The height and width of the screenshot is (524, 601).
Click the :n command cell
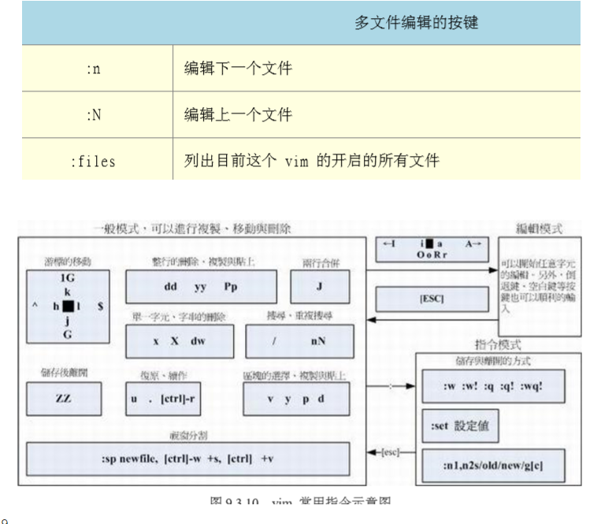pyautogui.click(x=93, y=69)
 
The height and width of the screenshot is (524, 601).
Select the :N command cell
pyautogui.click(x=93, y=115)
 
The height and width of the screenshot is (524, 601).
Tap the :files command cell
pyautogui.click(x=93, y=162)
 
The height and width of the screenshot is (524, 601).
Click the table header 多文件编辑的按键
pyautogui.click(x=416, y=23)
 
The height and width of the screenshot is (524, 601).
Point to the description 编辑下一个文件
pyautogui.click(x=238, y=69)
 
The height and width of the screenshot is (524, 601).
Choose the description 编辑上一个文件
pyautogui.click(x=238, y=115)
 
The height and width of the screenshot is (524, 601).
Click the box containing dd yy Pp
pyautogui.click(x=201, y=287)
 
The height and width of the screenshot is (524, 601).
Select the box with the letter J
pyautogui.click(x=320, y=287)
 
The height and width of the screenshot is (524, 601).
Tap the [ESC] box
pyautogui.click(x=432, y=299)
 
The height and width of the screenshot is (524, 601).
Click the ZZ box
pyautogui.click(x=63, y=399)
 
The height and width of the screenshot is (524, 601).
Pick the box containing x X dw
pyautogui.click(x=179, y=342)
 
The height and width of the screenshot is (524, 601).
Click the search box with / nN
pyautogui.click(x=299, y=342)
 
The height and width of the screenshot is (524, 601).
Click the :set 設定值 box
pyautogui.click(x=460, y=426)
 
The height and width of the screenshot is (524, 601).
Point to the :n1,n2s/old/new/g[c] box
pyautogui.click(x=493, y=466)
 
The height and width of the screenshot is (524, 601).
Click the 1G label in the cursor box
pyautogui.click(x=68, y=278)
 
